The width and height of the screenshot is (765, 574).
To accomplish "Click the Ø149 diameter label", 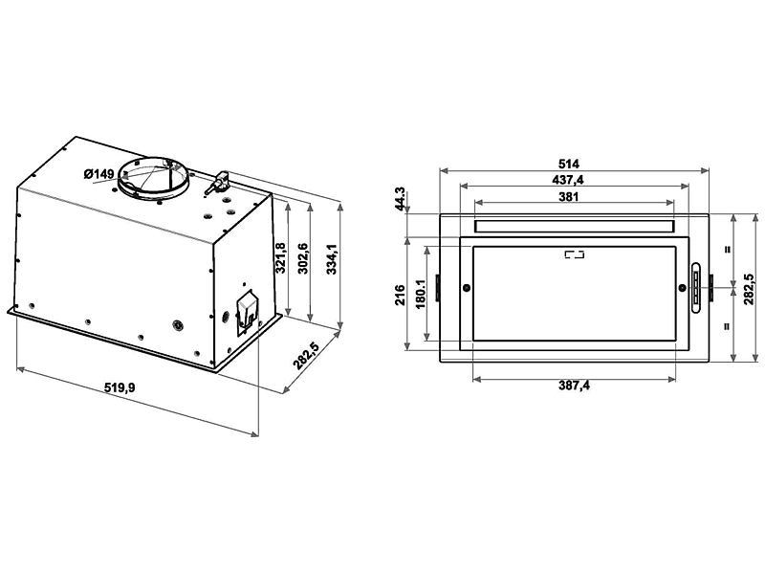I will click(x=98, y=173).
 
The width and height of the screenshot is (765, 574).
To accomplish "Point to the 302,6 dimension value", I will click(x=303, y=259).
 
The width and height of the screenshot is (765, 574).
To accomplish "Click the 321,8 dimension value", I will click(x=280, y=259).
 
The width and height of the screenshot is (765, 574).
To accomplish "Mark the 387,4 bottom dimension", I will click(x=574, y=386).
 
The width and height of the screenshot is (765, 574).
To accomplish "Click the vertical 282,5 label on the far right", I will click(x=750, y=287).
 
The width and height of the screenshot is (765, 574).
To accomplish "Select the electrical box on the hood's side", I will click(x=246, y=310).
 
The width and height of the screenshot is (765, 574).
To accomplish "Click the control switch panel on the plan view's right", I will click(x=695, y=287).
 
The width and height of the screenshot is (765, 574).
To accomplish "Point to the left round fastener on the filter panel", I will click(x=466, y=289).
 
